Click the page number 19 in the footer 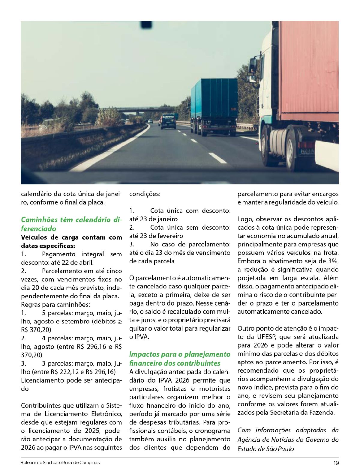[x=336, y=463]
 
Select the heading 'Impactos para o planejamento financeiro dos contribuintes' [x=179, y=359]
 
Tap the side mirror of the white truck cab [x=253, y=66]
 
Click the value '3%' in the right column [x=333, y=261]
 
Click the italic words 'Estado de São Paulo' [x=265, y=449]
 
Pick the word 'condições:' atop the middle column [x=145, y=194]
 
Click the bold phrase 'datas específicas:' [x=48, y=246]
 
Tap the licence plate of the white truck [x=306, y=151]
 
